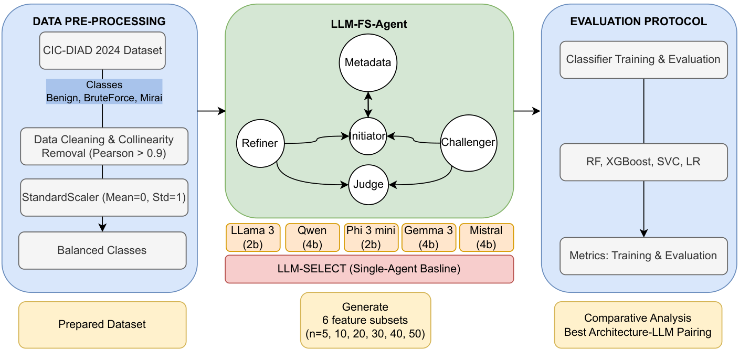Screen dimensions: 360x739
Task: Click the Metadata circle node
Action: (x=368, y=63)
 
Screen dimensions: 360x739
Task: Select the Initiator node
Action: (x=368, y=136)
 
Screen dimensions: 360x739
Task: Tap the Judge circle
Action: (x=368, y=184)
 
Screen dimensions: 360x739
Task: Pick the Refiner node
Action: (x=260, y=143)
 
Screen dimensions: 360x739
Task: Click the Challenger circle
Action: (x=468, y=142)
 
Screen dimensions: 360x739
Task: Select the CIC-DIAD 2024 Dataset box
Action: (x=102, y=51)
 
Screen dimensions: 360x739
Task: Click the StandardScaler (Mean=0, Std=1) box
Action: (x=103, y=197)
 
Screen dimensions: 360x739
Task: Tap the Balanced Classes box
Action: (x=102, y=250)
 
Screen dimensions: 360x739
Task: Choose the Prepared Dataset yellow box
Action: (x=102, y=324)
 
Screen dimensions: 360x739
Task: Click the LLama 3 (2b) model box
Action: (x=254, y=237)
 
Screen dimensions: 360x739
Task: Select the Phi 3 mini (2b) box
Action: (x=371, y=237)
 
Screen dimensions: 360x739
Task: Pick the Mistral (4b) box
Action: (x=486, y=237)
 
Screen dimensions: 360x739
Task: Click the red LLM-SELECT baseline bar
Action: (x=369, y=269)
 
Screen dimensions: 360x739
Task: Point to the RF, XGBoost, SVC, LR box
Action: (x=643, y=162)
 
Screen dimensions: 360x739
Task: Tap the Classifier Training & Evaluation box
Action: (x=643, y=59)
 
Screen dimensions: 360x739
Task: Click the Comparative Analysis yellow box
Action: (x=638, y=324)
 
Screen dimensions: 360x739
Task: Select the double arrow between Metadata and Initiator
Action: (x=368, y=104)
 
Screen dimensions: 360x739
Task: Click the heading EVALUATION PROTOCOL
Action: (x=638, y=22)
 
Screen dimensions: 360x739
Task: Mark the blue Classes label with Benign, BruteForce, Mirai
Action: (x=104, y=92)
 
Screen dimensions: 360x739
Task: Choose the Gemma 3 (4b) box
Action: (x=428, y=237)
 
